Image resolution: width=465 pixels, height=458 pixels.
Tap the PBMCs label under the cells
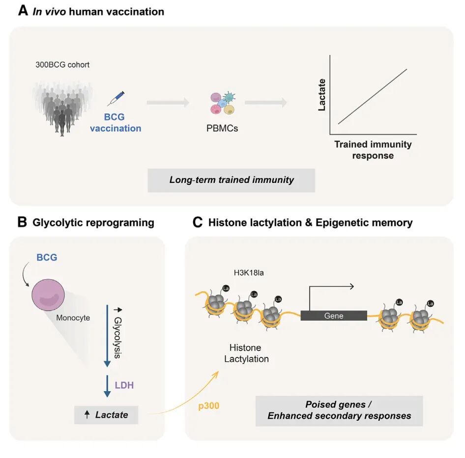click(x=222, y=129)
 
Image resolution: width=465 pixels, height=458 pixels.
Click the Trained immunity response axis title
click(x=373, y=150)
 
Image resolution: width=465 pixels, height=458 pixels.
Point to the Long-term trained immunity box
click(x=232, y=180)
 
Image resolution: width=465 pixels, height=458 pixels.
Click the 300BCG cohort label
click(x=62, y=64)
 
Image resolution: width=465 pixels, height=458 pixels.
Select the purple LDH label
click(x=124, y=385)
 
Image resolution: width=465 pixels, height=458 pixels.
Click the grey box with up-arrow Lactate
click(x=106, y=415)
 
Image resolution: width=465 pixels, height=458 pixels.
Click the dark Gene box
click(x=333, y=316)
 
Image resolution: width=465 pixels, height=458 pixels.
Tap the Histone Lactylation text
click(x=246, y=353)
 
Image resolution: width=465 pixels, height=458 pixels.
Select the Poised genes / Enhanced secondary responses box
click(x=339, y=410)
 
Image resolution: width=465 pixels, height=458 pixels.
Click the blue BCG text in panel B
click(x=47, y=257)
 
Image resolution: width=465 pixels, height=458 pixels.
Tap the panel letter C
click(x=197, y=222)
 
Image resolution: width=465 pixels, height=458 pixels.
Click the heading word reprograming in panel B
click(x=120, y=223)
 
